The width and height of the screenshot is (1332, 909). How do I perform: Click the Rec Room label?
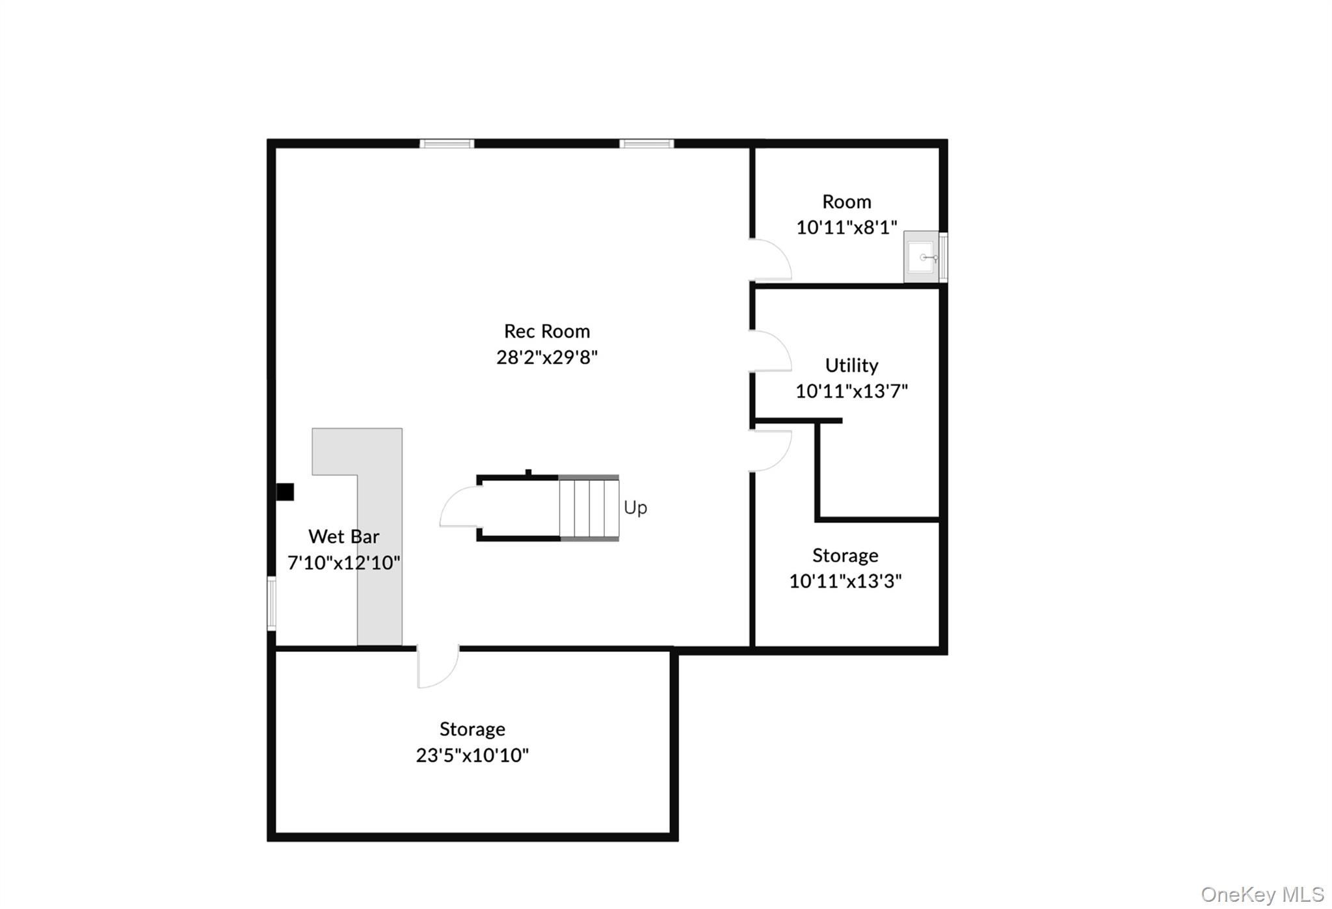(x=547, y=331)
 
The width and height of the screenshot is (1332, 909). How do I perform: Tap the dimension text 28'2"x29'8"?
(x=547, y=357)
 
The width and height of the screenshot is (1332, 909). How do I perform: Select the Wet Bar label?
(x=343, y=536)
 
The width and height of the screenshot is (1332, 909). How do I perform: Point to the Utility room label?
(x=851, y=365)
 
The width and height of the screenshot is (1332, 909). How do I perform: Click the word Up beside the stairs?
(x=635, y=508)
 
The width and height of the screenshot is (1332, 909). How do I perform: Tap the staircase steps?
(x=589, y=508)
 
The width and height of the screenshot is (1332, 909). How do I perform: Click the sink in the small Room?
(x=922, y=258)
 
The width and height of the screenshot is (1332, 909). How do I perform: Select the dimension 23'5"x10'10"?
(x=472, y=755)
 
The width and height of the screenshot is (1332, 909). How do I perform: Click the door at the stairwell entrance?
(x=460, y=508)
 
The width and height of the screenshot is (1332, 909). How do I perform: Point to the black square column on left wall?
(x=285, y=492)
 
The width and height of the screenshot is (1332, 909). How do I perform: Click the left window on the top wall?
(x=446, y=144)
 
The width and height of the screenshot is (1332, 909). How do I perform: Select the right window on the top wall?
(x=646, y=144)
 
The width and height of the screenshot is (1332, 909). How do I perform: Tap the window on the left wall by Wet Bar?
(x=272, y=603)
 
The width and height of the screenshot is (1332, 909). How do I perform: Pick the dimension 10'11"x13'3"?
(x=845, y=581)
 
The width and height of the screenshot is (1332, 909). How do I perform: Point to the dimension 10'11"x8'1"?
(x=846, y=227)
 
